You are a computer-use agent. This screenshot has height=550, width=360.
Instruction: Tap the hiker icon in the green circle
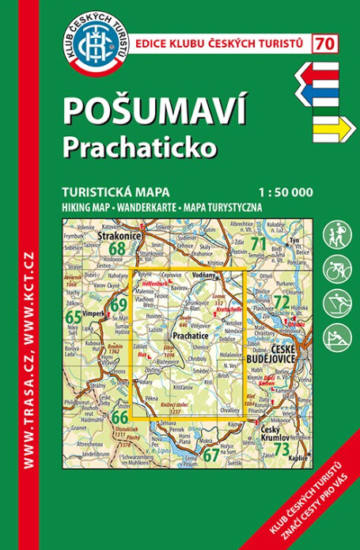[336, 234]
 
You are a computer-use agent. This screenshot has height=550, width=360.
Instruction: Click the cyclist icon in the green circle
[336, 269]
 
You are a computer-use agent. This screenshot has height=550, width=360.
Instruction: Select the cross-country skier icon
[336, 304]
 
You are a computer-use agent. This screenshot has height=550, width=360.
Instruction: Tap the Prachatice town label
[189, 336]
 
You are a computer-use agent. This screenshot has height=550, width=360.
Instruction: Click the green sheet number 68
[118, 249]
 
